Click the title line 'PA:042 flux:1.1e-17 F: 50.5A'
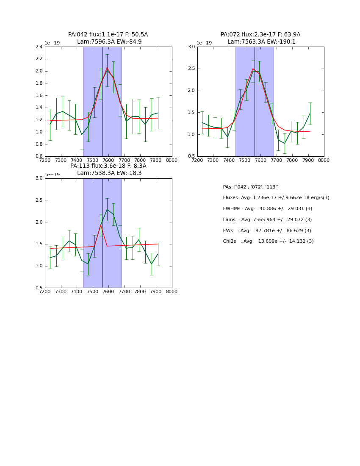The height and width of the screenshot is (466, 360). click(108, 35)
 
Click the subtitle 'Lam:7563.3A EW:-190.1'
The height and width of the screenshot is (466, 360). click(261, 42)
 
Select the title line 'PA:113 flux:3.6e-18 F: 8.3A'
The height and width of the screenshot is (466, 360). click(108, 166)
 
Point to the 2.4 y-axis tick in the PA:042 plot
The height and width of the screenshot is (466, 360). click(38, 47)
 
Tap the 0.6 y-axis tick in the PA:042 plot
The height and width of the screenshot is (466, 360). click(38, 156)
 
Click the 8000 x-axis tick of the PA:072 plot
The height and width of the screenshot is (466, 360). click(324, 161)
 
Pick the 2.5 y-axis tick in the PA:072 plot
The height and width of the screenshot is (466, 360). click(191, 69)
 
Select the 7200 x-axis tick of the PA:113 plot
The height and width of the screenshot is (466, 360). click(45, 292)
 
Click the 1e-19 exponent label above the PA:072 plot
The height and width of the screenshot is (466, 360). click(204, 43)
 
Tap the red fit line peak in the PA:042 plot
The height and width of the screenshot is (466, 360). click(107, 68)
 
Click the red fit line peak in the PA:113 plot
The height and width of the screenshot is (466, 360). click(101, 223)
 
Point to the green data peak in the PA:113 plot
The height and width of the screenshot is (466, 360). click(107, 209)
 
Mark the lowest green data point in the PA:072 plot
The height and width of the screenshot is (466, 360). click(285, 143)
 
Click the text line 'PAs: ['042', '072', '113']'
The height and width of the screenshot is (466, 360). click(251, 187)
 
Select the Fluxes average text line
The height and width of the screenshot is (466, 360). click(276, 198)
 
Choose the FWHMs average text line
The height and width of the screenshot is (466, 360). click(268, 209)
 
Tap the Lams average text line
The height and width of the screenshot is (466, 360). click(267, 220)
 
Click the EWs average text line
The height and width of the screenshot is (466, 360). click(267, 230)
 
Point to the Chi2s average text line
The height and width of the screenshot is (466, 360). click(268, 241)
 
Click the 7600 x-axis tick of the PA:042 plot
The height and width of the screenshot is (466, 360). click(108, 161)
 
